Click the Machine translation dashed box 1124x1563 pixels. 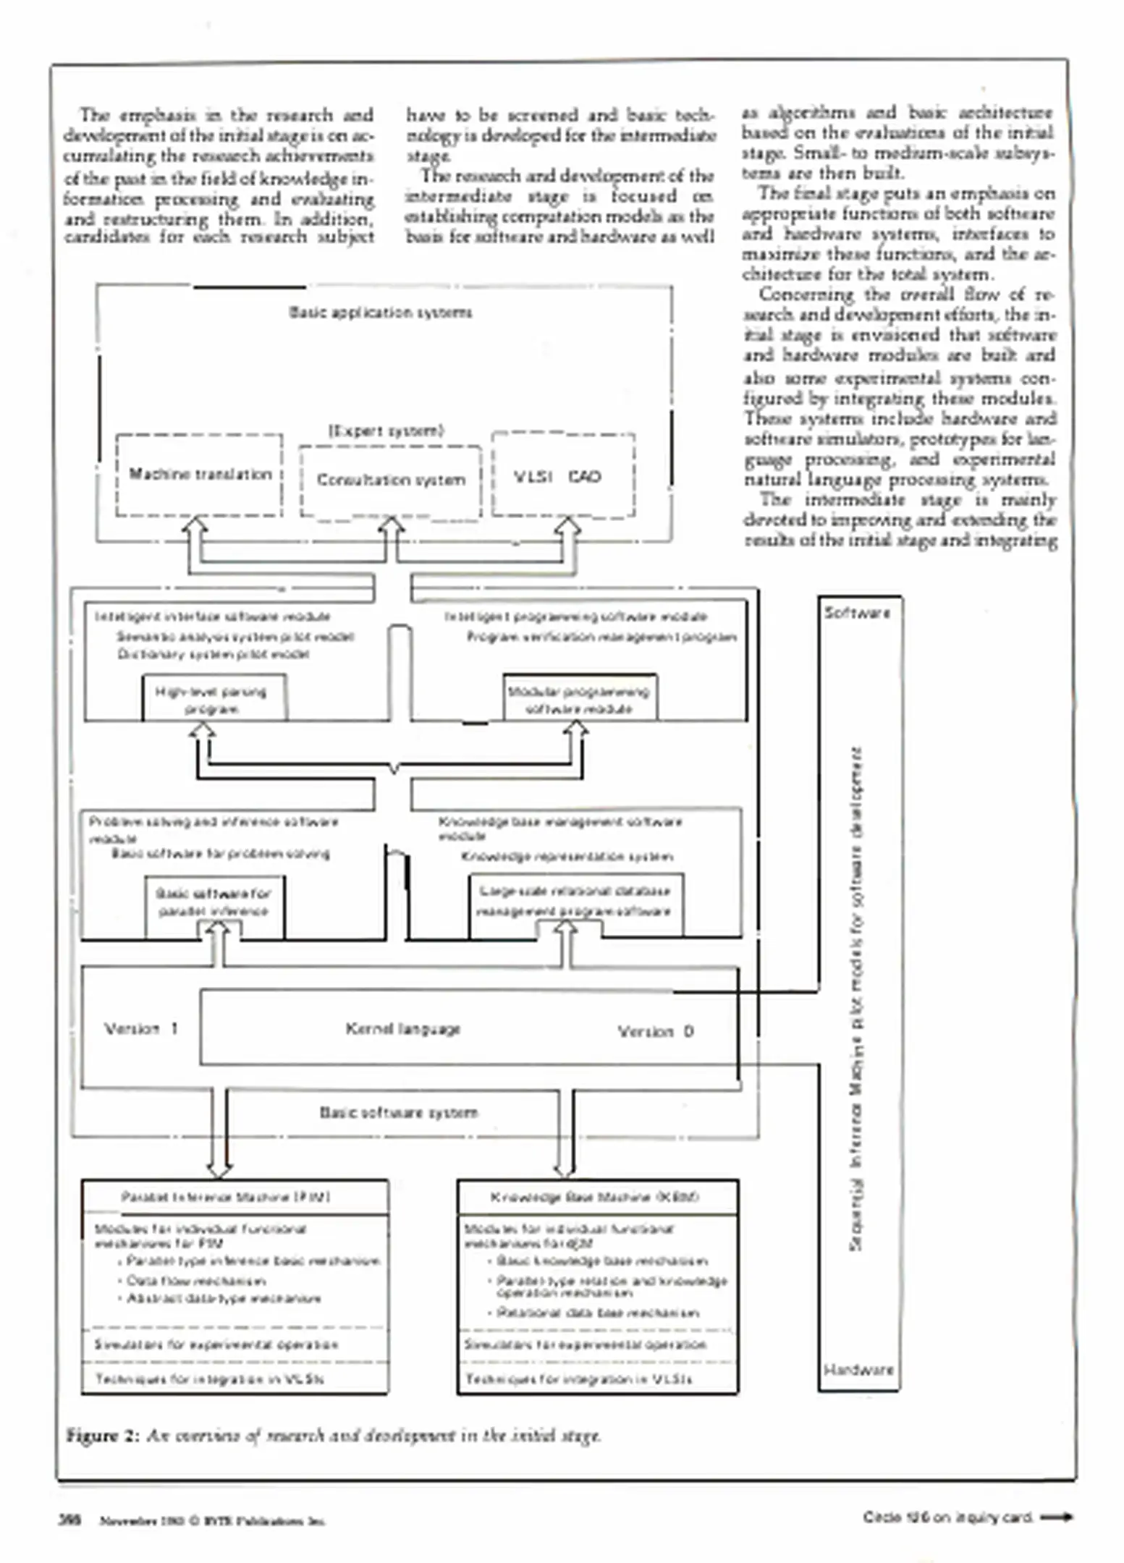point(199,475)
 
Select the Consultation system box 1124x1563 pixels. point(391,480)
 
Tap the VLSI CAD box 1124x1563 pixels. point(563,476)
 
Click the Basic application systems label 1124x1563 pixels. point(381,313)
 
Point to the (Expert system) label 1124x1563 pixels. point(386,431)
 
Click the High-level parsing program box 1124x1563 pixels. point(214,699)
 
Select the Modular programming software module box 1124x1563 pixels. point(580,699)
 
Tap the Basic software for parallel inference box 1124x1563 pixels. point(214,903)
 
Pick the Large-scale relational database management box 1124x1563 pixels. point(575,902)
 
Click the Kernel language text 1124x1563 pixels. point(402,1029)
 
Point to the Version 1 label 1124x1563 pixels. point(140,1029)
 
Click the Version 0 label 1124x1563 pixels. point(655,1031)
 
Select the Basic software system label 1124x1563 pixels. point(399,1112)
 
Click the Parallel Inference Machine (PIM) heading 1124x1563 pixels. point(226,1198)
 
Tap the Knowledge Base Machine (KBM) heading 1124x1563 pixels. point(594,1198)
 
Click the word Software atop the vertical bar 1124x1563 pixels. point(858,613)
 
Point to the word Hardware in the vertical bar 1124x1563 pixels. point(858,1370)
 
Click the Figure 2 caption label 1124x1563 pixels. point(102,1436)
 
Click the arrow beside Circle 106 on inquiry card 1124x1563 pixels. point(1056,1517)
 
